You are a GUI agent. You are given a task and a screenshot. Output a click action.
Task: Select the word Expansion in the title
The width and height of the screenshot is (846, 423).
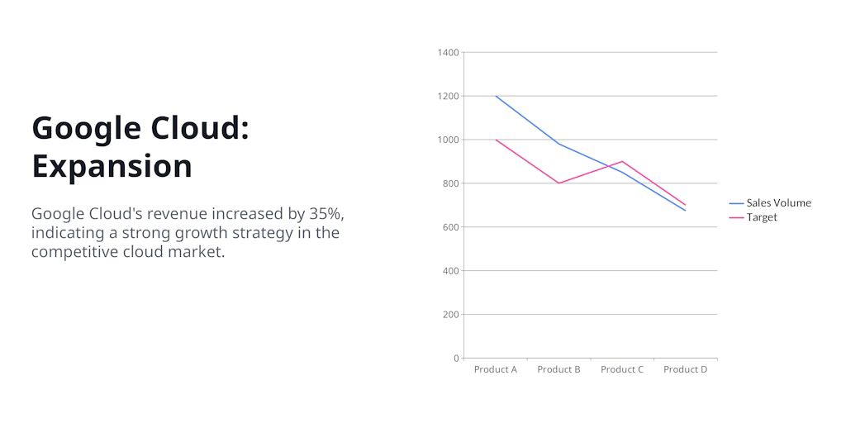112,166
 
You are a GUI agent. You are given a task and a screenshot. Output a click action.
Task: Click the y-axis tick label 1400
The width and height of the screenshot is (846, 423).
448,53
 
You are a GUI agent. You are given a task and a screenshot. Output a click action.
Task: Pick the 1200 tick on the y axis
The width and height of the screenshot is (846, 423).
448,96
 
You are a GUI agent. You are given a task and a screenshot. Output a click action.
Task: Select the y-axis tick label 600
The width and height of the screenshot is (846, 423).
450,227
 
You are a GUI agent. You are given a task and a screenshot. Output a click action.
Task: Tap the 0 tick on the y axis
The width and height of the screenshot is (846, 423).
456,359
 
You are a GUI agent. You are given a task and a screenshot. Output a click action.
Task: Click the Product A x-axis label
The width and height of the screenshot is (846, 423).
495,369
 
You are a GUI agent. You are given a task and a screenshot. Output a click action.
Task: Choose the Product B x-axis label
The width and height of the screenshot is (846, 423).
558,369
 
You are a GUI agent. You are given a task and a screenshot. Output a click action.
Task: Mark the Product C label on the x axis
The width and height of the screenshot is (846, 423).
622,369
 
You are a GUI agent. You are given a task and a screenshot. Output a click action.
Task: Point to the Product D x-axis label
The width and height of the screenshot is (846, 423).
685,369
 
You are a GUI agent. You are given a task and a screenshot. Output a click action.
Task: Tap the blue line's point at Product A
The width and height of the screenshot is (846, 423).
496,96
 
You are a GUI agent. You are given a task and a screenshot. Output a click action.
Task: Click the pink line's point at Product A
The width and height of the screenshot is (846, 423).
496,140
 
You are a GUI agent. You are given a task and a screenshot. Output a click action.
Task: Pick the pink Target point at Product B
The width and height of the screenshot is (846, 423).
559,183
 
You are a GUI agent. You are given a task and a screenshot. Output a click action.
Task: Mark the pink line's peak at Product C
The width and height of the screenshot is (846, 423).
622,161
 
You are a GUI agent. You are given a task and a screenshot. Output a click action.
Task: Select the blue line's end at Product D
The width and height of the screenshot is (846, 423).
686,211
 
